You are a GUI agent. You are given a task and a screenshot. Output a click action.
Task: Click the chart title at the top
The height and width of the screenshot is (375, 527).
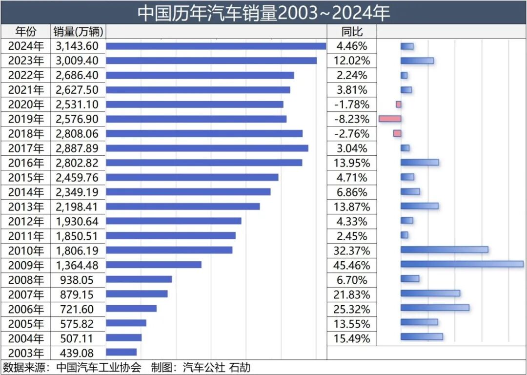(x=263, y=13)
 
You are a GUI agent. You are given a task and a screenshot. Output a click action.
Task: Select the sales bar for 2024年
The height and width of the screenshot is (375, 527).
(x=216, y=46)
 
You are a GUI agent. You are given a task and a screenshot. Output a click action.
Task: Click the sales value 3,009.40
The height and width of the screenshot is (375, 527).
(x=78, y=61)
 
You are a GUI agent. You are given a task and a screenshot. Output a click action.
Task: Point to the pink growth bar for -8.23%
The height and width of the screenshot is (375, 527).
(x=390, y=119)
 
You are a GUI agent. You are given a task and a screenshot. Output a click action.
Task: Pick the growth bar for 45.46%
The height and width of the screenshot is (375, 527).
(x=462, y=264)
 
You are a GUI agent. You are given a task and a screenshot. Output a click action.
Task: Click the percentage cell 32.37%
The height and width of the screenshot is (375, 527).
(x=353, y=251)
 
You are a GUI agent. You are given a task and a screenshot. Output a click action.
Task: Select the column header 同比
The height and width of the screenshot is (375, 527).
(x=352, y=32)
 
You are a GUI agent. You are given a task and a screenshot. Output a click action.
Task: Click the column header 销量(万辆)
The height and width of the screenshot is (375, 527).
(x=78, y=32)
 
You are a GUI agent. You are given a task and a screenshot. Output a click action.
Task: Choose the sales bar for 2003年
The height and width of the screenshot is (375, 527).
(x=121, y=352)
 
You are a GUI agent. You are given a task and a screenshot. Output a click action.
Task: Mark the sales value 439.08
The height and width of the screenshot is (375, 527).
(x=78, y=353)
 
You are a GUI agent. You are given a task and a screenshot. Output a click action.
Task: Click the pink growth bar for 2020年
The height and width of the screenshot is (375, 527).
(x=398, y=104)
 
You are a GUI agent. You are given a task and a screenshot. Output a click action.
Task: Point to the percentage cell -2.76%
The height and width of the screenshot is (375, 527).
(x=353, y=134)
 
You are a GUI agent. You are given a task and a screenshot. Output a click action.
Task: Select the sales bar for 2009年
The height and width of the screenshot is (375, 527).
(x=154, y=265)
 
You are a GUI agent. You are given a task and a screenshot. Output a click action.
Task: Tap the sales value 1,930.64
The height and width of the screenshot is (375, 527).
(x=78, y=222)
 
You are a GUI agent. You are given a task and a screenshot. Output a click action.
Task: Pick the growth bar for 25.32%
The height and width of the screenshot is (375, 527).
(x=435, y=308)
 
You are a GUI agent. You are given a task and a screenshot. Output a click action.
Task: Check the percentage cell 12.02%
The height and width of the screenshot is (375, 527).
(x=353, y=61)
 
